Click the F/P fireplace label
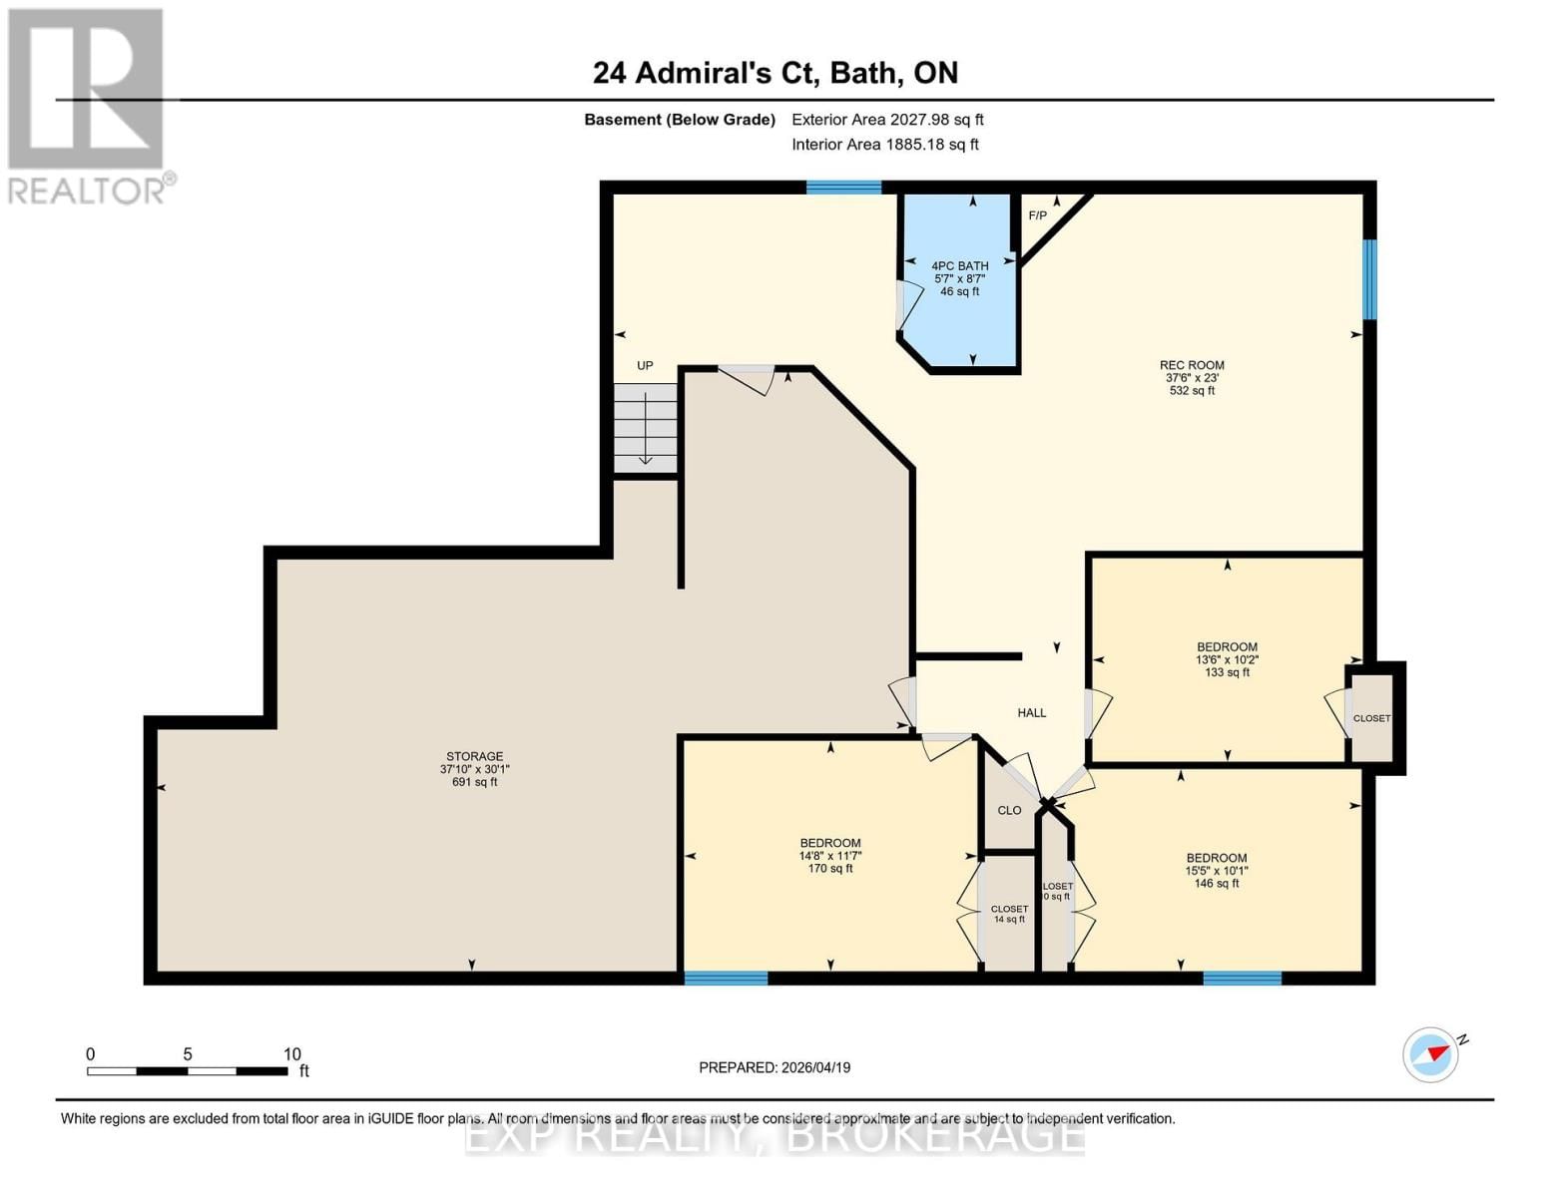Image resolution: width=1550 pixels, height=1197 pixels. click(1038, 215)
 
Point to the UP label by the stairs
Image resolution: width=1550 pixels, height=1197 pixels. click(645, 366)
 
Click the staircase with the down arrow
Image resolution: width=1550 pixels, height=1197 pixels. click(645, 429)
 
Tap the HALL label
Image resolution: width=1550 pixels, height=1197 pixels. click(1031, 713)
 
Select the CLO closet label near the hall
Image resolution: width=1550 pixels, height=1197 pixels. click(1009, 810)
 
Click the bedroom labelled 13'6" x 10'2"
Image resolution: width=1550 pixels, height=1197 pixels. click(1227, 659)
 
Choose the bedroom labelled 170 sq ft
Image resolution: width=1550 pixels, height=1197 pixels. click(829, 856)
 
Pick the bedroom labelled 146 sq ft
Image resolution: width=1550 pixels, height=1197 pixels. click(1216, 870)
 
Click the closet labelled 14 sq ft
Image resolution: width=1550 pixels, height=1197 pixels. click(1009, 914)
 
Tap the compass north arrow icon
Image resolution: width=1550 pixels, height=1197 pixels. click(1431, 1054)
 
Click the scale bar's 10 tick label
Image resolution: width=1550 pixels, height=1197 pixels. click(291, 1054)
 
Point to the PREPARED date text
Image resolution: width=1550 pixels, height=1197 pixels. click(775, 1067)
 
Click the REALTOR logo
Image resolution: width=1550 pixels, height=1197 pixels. click(87, 105)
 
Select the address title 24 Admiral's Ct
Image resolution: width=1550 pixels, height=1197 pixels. click(775, 73)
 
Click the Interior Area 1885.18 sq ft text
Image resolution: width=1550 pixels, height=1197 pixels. click(884, 145)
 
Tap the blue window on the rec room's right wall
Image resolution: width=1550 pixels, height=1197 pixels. click(1369, 279)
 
